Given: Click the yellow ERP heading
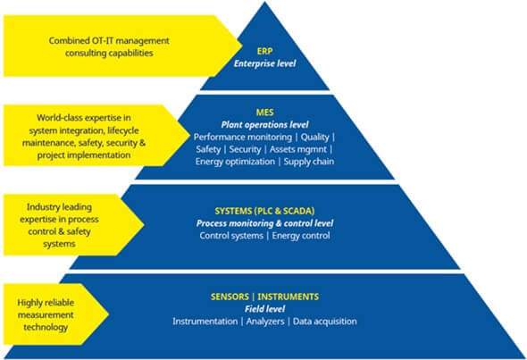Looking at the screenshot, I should (263, 51).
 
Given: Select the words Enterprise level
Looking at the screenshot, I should (263, 64).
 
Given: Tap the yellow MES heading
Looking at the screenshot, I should (263, 112).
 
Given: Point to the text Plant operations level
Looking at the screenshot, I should (263, 123).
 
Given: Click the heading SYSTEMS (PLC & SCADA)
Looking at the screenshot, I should (263, 209).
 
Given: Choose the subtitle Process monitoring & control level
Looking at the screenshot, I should (263, 222).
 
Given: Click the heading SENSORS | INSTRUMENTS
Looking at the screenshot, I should (263, 296).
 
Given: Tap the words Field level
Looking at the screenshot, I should (263, 308).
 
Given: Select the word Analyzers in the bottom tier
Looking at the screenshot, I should (263, 321).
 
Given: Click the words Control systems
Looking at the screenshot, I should (230, 235).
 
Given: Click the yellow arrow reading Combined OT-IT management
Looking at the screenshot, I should (107, 46).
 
